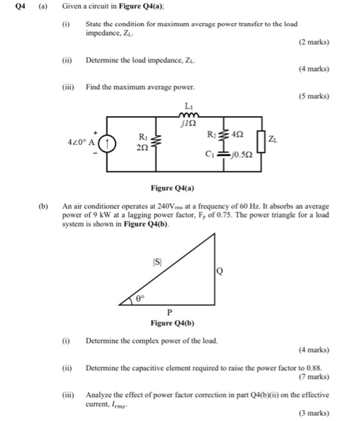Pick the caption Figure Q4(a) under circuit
tap(179, 185)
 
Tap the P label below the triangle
tap(169, 312)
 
